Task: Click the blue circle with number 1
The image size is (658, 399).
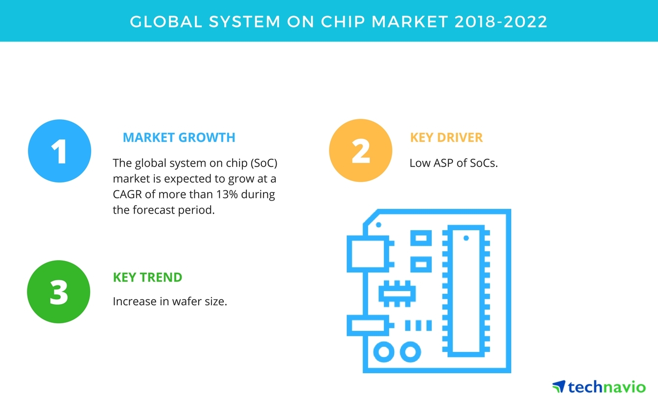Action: [60, 151]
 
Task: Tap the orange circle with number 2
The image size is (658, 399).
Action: [361, 150]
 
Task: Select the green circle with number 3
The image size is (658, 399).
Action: [58, 291]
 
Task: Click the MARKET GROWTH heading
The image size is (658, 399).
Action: [179, 137]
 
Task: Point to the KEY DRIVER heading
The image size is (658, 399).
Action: [446, 137]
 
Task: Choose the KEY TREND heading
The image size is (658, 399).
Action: [147, 277]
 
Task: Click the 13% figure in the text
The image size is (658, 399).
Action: [227, 194]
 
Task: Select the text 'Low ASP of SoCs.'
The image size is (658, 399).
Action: [453, 163]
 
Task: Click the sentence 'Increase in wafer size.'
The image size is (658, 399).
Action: [170, 301]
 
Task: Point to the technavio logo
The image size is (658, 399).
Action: [599, 387]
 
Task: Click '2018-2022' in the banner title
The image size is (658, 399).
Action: [501, 22]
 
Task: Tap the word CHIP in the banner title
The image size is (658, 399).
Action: [343, 22]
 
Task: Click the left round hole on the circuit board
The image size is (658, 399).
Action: [384, 352]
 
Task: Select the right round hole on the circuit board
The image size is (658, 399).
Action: [410, 352]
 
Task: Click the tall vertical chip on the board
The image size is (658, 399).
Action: [466, 291]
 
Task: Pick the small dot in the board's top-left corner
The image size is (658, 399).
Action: [378, 225]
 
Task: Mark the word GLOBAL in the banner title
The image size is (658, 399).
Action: [166, 22]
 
